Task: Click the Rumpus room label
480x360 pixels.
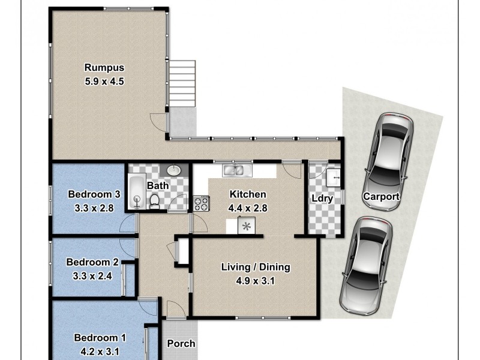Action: [x=104, y=67]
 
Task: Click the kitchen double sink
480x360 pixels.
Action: [x=234, y=170]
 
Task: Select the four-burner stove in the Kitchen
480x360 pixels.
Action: [x=200, y=203]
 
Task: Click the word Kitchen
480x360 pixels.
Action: [x=248, y=194]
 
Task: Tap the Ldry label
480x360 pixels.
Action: [x=319, y=199]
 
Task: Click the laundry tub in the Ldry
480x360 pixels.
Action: [x=334, y=178]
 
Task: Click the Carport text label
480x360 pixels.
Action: [x=381, y=197]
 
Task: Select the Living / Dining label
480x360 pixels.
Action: [x=256, y=267]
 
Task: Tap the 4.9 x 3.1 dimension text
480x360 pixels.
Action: [x=256, y=281]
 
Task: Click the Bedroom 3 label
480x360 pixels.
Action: [x=95, y=194]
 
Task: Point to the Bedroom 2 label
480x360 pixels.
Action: [x=92, y=262]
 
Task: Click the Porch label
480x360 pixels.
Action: [x=181, y=344]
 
